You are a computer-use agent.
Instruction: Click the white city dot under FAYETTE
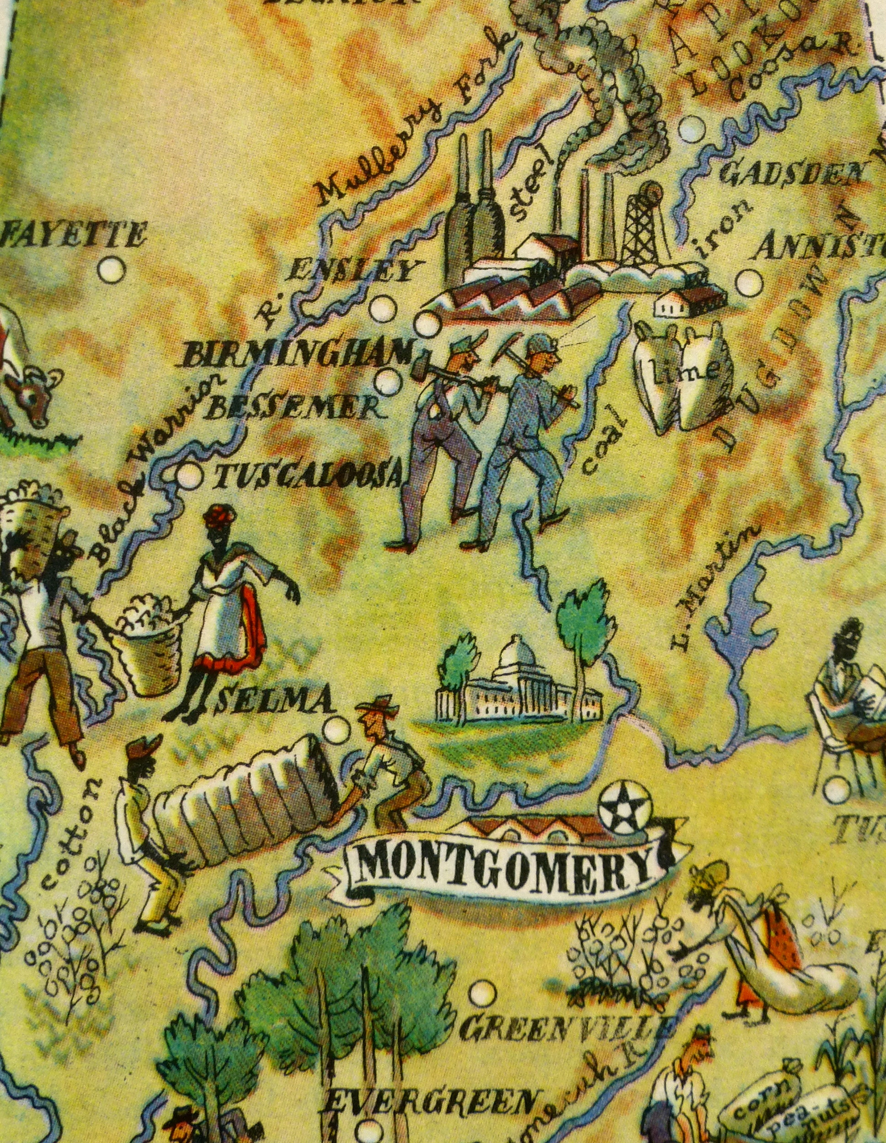coord(112,271)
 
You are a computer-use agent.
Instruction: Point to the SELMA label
coord(274,701)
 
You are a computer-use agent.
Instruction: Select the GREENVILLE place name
coord(563,1027)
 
